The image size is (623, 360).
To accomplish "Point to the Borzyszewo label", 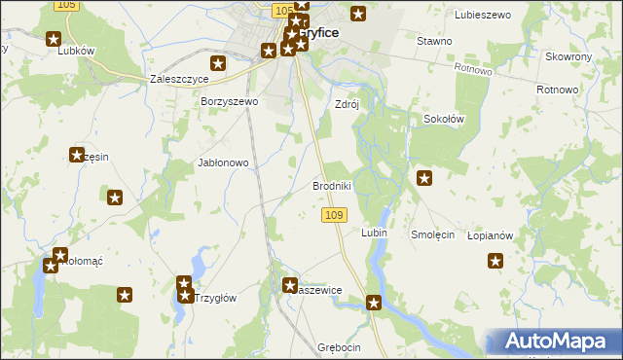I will [229, 101].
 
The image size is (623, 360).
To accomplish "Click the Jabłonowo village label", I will [224, 163].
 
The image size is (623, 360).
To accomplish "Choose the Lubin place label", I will [374, 234].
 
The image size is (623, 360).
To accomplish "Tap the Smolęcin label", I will [433, 234].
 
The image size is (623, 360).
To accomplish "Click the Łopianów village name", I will [490, 235].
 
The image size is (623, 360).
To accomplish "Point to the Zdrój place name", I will [348, 104].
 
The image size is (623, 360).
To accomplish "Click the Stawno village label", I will [434, 41].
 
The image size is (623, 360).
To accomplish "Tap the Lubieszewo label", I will [484, 15].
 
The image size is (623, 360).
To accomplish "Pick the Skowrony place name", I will [569, 57].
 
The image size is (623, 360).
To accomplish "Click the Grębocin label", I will [339, 347].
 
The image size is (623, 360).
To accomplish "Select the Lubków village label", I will [75, 51].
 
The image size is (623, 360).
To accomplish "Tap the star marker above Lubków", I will [54, 39].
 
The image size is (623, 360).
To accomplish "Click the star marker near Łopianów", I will [495, 261].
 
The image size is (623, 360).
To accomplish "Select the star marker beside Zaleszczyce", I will [218, 64].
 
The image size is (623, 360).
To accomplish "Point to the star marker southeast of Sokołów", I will [424, 177].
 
